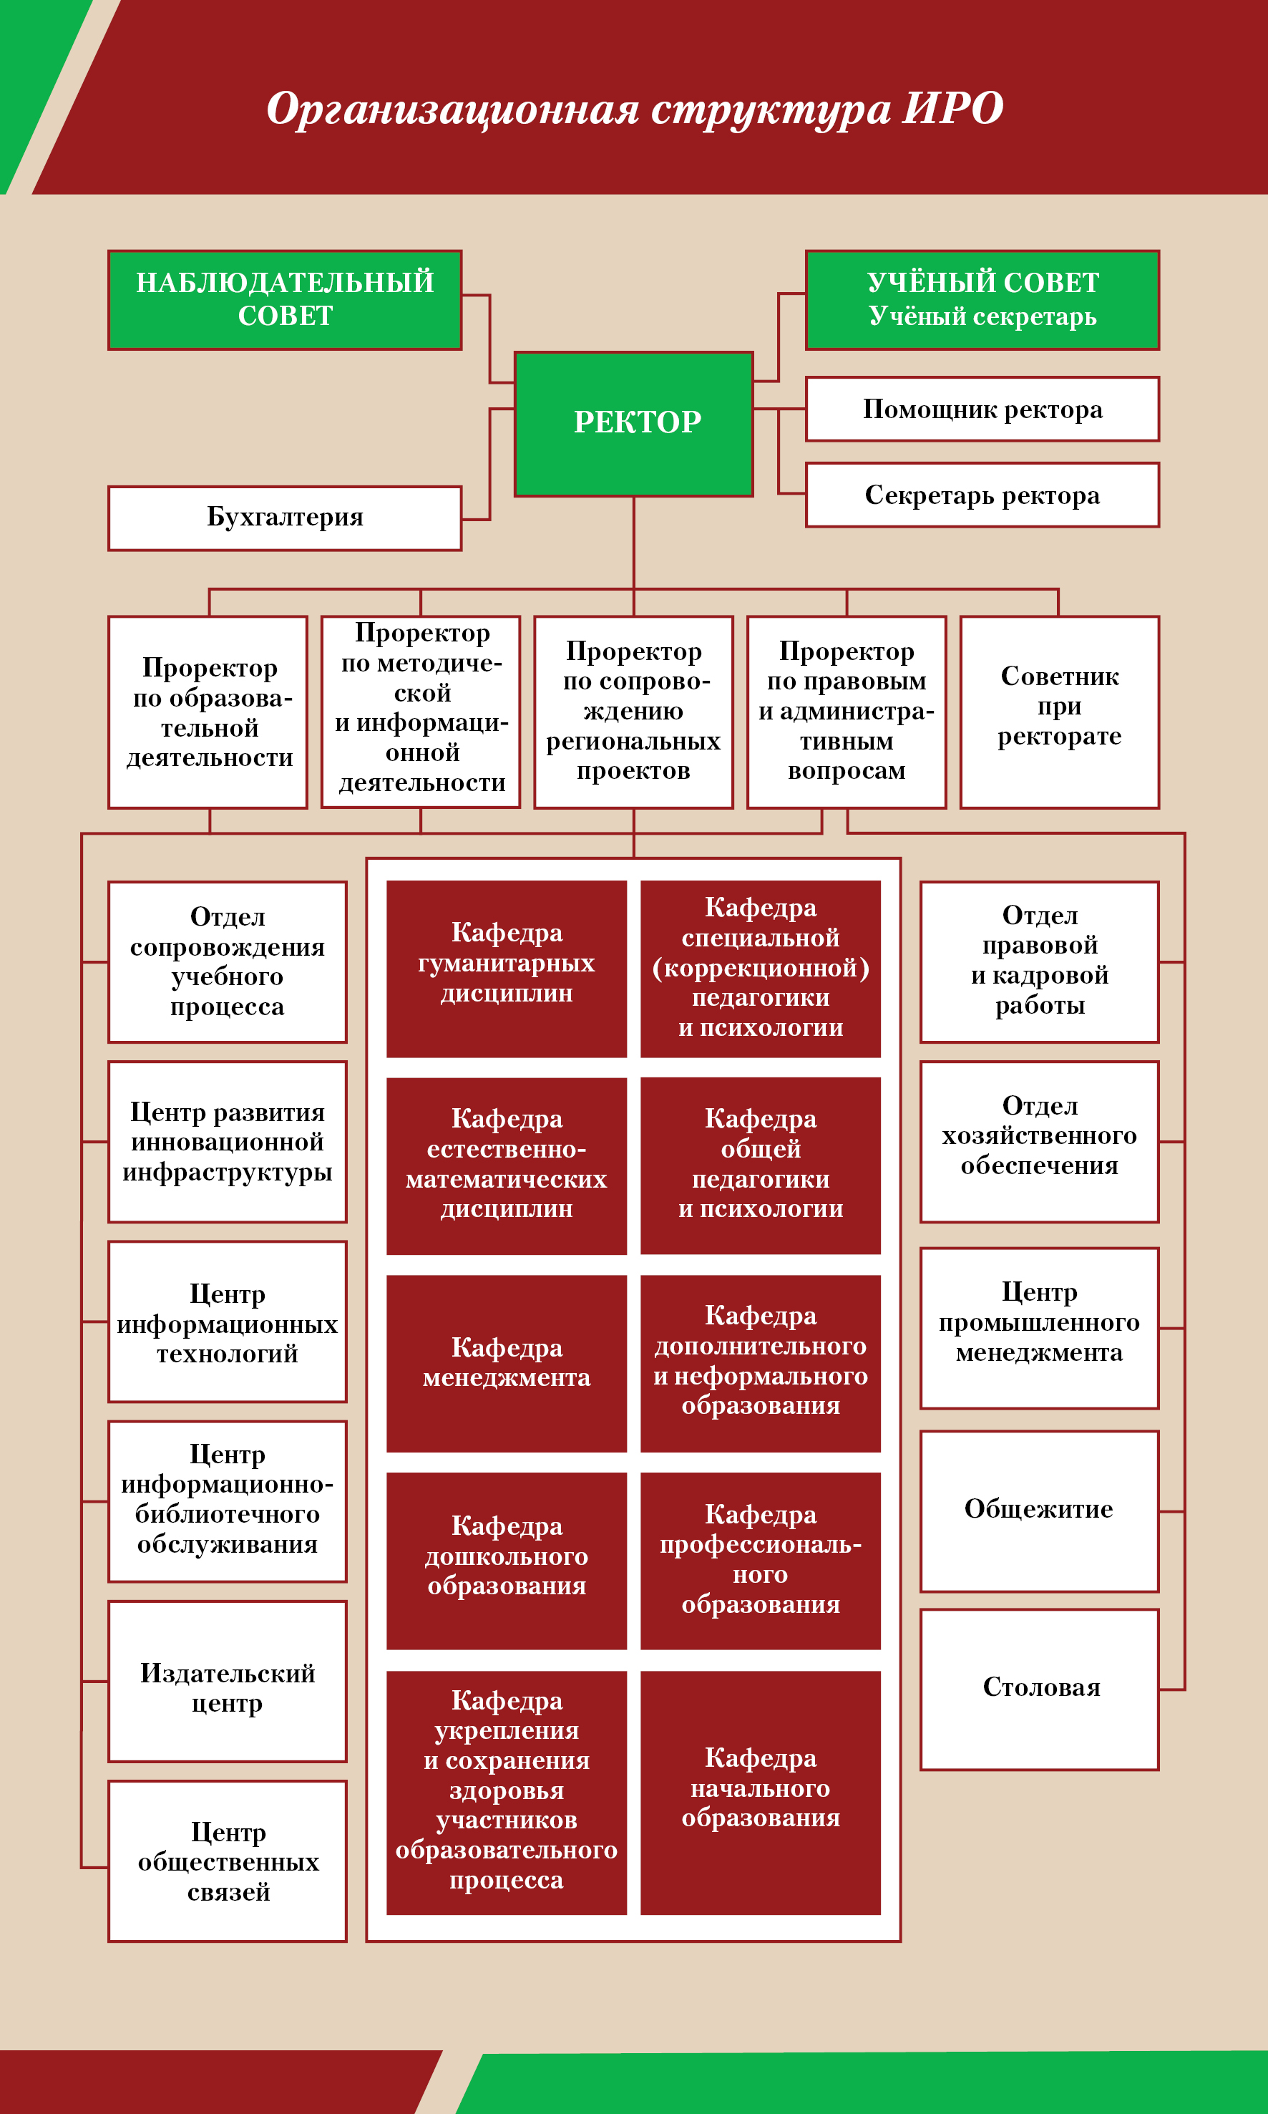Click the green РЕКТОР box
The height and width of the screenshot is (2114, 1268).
click(x=633, y=424)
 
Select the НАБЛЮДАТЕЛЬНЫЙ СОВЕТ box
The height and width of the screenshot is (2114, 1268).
click(x=285, y=300)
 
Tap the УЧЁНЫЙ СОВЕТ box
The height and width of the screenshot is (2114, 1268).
click(x=982, y=300)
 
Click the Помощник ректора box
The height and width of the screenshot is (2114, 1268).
click(x=982, y=409)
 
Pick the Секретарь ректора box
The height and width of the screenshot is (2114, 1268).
click(x=982, y=495)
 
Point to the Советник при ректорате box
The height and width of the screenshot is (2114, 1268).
click(x=1060, y=712)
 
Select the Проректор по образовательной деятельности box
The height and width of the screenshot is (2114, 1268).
click(x=208, y=712)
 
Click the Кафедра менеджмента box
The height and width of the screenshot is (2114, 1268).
click(x=507, y=1364)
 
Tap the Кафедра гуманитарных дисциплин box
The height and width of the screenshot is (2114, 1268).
click(x=507, y=969)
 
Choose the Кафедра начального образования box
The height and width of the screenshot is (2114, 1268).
click(x=761, y=1793)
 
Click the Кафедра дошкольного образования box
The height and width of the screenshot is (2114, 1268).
click(x=507, y=1560)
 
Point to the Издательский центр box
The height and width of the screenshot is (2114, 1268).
click(x=228, y=1682)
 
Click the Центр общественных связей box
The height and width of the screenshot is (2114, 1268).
click(x=228, y=1861)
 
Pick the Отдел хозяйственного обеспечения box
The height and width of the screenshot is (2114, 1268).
click(x=1039, y=1142)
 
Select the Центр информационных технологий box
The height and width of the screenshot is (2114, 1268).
click(x=228, y=1322)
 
